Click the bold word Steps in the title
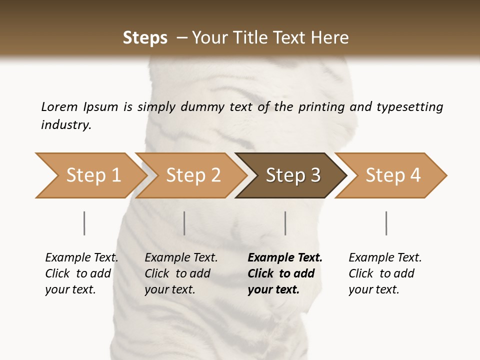point(145,38)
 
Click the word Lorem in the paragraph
point(59,106)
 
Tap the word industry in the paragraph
point(66,125)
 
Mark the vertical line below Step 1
point(84,223)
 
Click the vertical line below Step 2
point(184,223)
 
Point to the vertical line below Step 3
point(285,223)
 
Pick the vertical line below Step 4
point(386,223)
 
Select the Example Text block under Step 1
point(81,273)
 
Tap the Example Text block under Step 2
point(181,273)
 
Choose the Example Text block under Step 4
point(385,273)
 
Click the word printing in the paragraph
point(318,107)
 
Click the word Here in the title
point(329,38)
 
